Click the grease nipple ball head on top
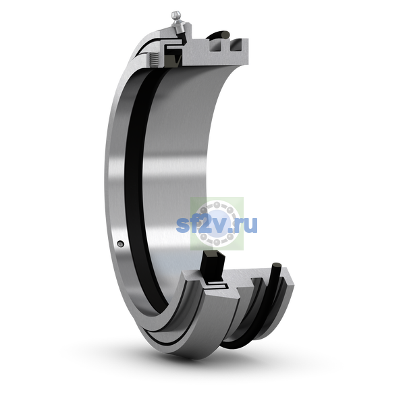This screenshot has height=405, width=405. tap(175, 14)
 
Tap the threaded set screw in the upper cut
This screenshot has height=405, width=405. tap(154, 59)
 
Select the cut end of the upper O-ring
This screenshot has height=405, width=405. tap(225, 34)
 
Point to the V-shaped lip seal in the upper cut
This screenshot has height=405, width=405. tap(175, 59)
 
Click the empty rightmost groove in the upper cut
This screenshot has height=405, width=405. tap(237, 45)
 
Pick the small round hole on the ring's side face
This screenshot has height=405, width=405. tap(120, 244)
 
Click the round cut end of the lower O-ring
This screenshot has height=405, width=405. tap(277, 266)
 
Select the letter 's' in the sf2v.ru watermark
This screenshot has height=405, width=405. tap(182, 225)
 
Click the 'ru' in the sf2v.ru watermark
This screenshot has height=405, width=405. tap(246, 225)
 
